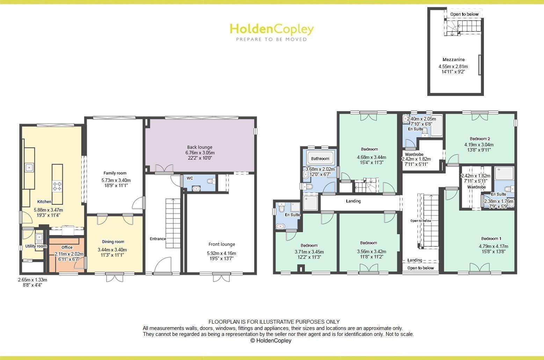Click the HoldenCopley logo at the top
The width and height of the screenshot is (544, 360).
coord(271,29)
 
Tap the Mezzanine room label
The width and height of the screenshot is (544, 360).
coord(453,60)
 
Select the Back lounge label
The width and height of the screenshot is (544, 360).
coord(200,147)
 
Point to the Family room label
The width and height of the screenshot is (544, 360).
coord(115,173)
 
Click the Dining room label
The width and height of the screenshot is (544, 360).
coord(113,242)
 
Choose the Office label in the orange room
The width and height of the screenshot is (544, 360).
coord(67,247)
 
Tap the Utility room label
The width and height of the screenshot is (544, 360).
coord(36,246)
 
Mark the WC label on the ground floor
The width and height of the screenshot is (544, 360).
coord(190,178)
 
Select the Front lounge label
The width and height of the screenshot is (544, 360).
coord(222,244)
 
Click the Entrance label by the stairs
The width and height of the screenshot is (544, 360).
coord(158,239)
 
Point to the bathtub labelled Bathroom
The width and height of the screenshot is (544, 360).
coord(320,159)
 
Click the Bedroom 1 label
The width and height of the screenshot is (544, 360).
coord(491,238)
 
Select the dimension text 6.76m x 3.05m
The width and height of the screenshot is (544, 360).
coord(200,153)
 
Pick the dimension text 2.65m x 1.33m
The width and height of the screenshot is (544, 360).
coord(32,280)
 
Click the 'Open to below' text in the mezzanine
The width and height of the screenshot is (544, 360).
coord(464,14)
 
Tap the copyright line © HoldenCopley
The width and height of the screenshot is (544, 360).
coord(271,340)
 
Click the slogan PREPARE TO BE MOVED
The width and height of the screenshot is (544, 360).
coord(271,39)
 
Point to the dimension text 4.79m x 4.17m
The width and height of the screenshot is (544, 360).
coord(493,246)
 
